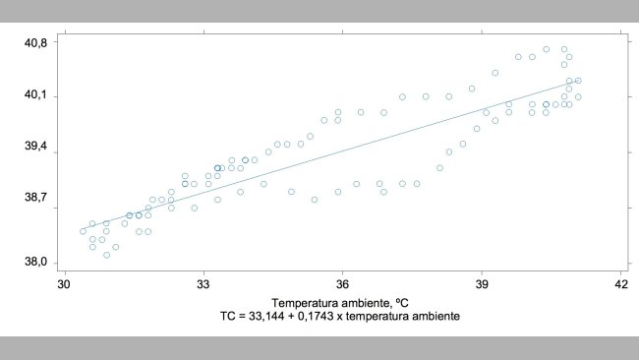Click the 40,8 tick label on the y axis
tap(36, 42)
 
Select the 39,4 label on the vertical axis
tap(36, 146)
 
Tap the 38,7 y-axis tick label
tap(36, 198)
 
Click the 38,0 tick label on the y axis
tap(36, 263)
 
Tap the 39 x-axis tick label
tap(482, 285)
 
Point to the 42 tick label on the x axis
tap(620, 285)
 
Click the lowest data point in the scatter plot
tap(106, 255)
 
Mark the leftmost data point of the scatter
tap(83, 231)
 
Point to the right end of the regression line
tap(578, 82)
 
